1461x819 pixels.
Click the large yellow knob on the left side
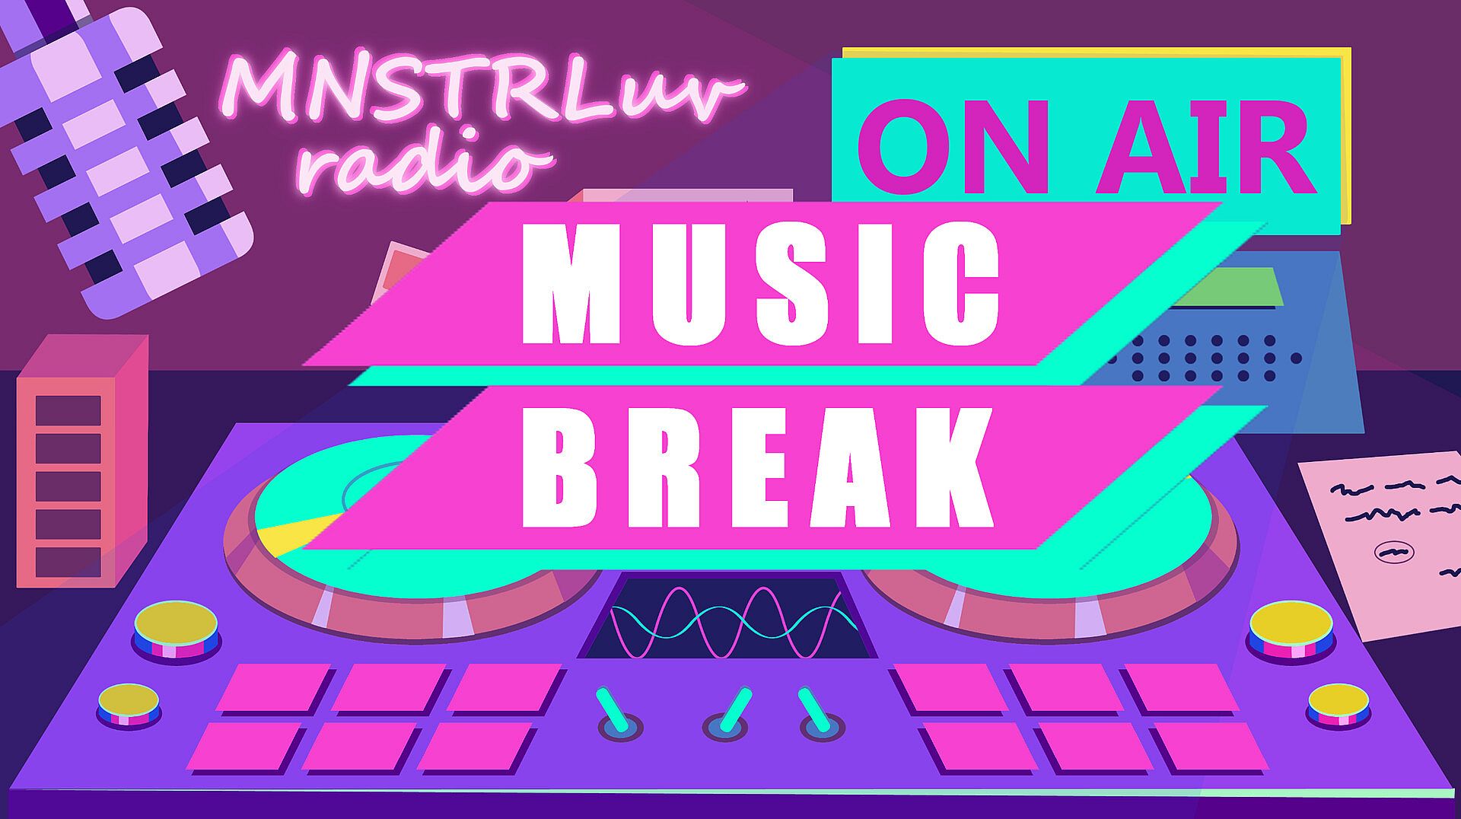[x=177, y=629]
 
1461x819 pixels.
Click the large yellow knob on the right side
[x=1291, y=629]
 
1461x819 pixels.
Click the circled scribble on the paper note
[x=1394, y=551]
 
